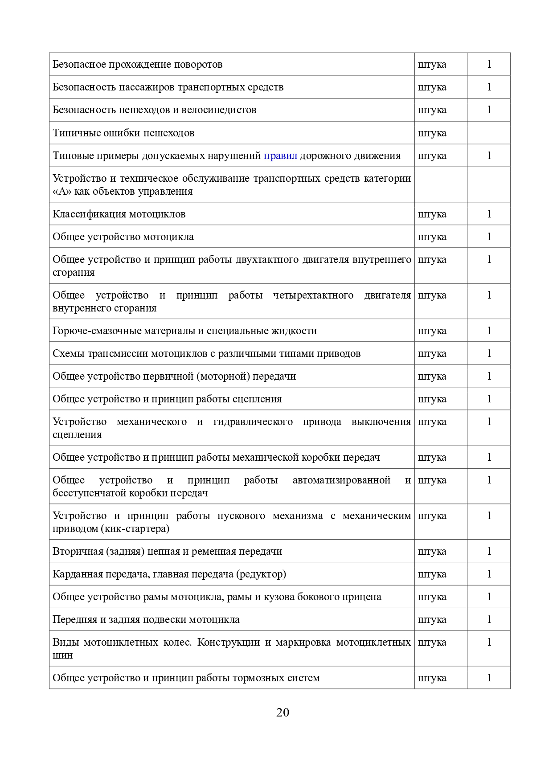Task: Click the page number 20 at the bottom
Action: click(283, 712)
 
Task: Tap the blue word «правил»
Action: click(280, 156)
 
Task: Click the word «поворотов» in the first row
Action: click(198, 65)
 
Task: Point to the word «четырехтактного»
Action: click(313, 295)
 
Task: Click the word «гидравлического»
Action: click(253, 422)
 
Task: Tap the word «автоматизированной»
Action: click(341, 480)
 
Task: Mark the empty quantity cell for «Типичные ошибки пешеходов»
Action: click(488, 133)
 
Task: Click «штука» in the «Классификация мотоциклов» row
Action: click(432, 214)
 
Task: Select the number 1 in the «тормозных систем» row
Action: click(489, 678)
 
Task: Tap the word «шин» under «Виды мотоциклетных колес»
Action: click(62, 655)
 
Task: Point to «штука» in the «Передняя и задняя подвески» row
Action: click(432, 620)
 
